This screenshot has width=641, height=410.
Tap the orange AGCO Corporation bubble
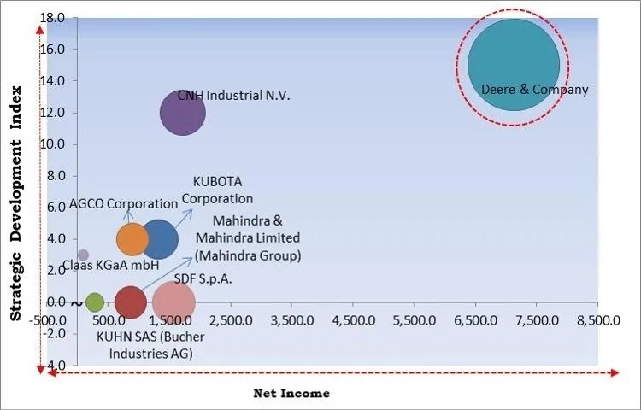[132, 239]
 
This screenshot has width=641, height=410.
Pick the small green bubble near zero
[94, 302]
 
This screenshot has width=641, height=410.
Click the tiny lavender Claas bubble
[83, 255]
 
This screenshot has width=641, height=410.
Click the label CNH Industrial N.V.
[233, 96]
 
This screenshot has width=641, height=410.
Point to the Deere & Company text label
[535, 89]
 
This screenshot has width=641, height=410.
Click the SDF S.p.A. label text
[203, 278]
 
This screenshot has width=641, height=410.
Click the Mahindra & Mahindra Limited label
[247, 237]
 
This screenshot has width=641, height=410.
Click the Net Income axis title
[291, 394]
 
